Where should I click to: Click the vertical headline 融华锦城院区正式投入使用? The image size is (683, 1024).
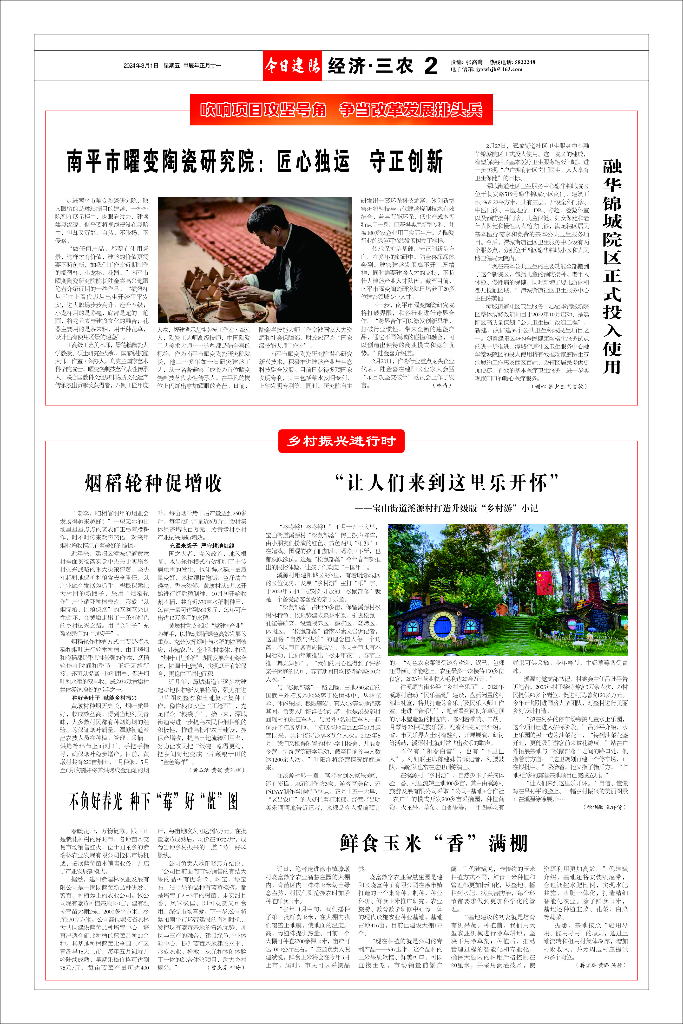click(611, 267)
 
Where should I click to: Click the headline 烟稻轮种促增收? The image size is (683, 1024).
click(153, 483)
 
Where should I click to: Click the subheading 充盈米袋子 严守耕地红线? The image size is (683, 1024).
click(202, 546)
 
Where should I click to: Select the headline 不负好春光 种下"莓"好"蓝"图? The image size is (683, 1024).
click(153, 801)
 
